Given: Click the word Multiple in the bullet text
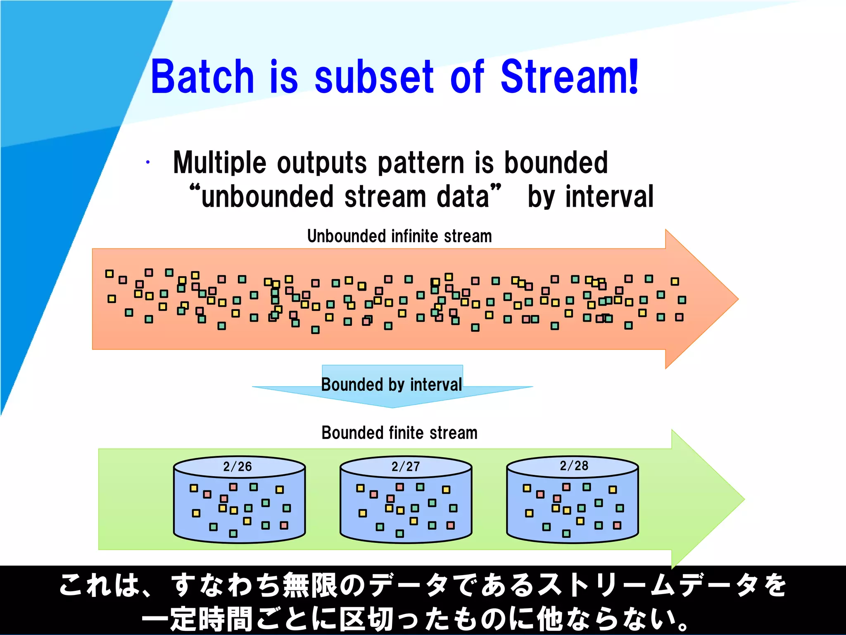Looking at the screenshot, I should tap(219, 162).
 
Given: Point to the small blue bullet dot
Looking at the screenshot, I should tap(147, 162).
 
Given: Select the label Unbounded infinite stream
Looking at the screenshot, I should tap(399, 236).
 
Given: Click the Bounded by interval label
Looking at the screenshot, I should tap(392, 384).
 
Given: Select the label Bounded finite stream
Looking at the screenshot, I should tap(399, 433).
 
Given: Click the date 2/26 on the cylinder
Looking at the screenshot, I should tap(238, 467).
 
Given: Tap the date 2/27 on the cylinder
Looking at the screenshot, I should tap(406, 467).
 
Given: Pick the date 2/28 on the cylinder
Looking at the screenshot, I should tap(574, 466).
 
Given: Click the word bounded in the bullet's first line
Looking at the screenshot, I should tap(556, 162).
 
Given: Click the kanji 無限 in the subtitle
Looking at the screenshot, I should tap(311, 585).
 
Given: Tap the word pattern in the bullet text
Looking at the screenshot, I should tap(421, 162).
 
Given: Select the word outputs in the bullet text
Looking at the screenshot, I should tap(322, 162).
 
